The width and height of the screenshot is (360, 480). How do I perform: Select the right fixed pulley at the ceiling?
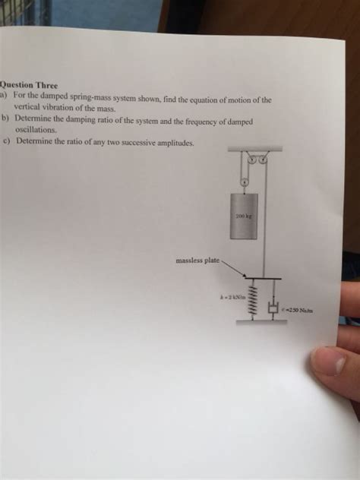(264, 159)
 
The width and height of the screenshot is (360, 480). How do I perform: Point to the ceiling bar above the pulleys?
(254, 150)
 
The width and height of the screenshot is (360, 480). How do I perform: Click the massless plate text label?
(197, 261)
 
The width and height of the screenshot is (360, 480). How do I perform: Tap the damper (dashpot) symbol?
(273, 307)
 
